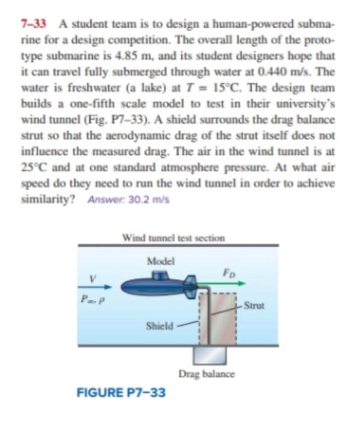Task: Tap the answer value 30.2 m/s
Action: coord(155,200)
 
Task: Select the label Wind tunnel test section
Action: coord(173,236)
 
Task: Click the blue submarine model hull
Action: coord(151,288)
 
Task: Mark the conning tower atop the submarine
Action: coord(159,275)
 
